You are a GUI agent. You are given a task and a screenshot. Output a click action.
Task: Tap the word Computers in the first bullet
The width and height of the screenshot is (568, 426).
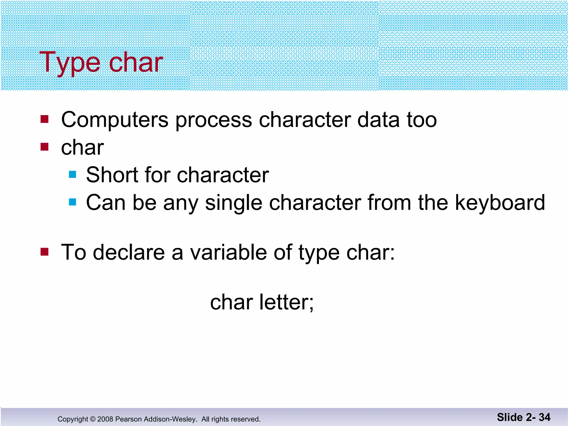115,120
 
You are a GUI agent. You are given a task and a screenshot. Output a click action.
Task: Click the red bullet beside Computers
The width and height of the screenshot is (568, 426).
44,119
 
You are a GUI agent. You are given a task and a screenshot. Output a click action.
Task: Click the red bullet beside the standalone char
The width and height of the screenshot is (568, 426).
44,146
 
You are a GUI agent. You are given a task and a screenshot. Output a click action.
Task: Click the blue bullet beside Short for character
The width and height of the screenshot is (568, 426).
72,174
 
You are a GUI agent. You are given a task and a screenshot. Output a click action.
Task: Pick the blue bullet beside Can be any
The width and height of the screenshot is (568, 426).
72,202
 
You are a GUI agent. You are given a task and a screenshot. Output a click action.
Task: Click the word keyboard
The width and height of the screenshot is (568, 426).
500,202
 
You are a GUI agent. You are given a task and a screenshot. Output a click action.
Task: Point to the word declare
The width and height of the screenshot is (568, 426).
129,252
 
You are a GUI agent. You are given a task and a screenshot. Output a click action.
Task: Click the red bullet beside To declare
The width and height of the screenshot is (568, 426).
44,252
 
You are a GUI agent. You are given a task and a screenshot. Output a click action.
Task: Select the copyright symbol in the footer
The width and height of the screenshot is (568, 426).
93,419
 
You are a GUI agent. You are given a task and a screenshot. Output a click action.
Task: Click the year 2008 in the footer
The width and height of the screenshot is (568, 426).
105,419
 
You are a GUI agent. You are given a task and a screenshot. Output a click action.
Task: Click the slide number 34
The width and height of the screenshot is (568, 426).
544,417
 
